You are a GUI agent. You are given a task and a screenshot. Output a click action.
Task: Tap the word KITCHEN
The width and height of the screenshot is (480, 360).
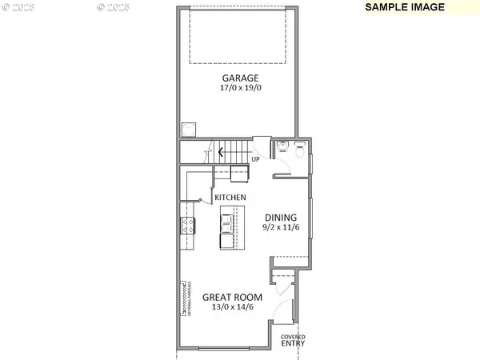tap(229, 197)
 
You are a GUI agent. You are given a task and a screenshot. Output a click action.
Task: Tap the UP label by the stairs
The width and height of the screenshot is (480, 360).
tap(255, 159)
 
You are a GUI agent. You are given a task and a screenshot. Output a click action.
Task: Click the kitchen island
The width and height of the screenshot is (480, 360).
tap(226, 228)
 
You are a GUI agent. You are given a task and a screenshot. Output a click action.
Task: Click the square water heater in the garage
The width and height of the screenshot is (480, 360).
tap(189, 128)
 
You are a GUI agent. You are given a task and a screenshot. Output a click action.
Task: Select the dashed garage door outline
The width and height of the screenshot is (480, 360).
tap(238, 36)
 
